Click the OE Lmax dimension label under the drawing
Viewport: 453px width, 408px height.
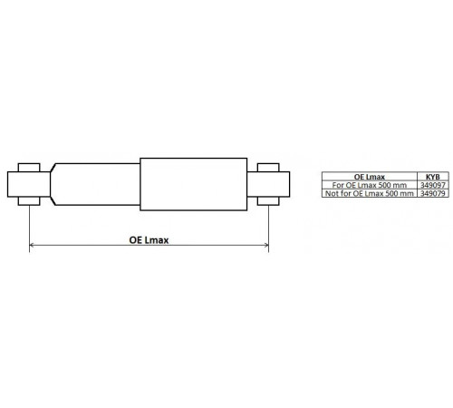[149, 240]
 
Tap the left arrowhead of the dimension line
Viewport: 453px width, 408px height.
[31, 245]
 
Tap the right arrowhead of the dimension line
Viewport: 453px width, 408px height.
[266, 245]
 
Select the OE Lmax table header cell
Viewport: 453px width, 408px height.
[370, 177]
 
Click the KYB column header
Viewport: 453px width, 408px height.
[433, 177]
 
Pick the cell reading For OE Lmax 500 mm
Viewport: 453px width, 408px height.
[370, 185]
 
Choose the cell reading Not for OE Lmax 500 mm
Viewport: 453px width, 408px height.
[370, 193]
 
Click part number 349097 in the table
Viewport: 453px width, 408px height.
[433, 185]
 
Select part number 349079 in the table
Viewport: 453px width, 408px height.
[433, 193]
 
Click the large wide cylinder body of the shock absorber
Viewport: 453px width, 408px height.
[194, 184]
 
